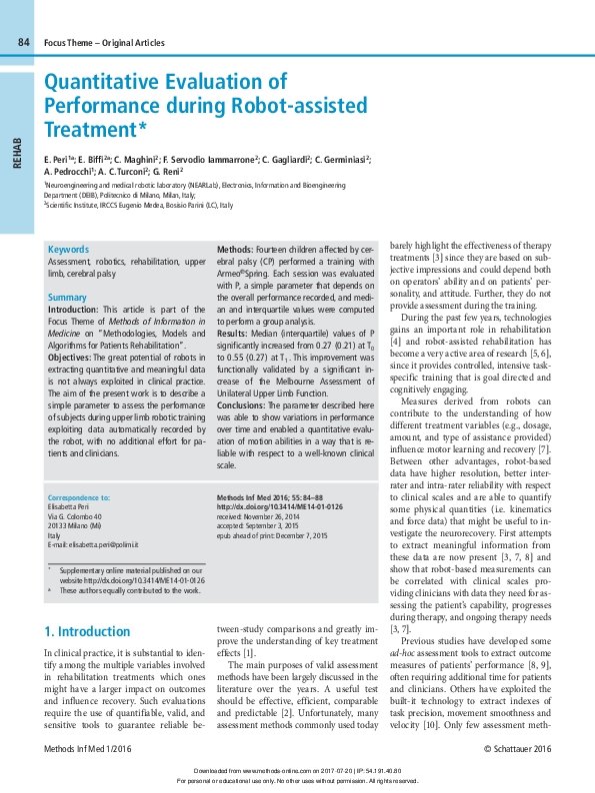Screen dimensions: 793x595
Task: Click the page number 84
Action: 24,42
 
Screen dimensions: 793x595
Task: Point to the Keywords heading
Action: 68,250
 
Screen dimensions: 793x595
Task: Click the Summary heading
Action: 68,298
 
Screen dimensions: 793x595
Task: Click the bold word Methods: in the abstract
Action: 235,249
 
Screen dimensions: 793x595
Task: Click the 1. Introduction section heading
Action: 88,631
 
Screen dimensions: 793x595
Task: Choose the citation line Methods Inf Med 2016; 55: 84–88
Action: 265,497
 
